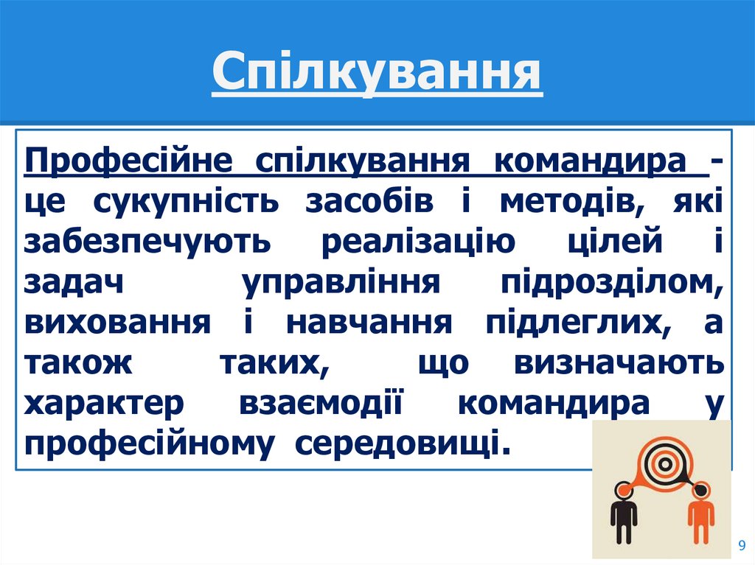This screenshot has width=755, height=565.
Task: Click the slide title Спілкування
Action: [x=377, y=77]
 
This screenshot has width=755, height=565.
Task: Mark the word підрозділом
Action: [x=612, y=284]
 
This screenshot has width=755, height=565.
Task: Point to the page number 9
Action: [x=741, y=544]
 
